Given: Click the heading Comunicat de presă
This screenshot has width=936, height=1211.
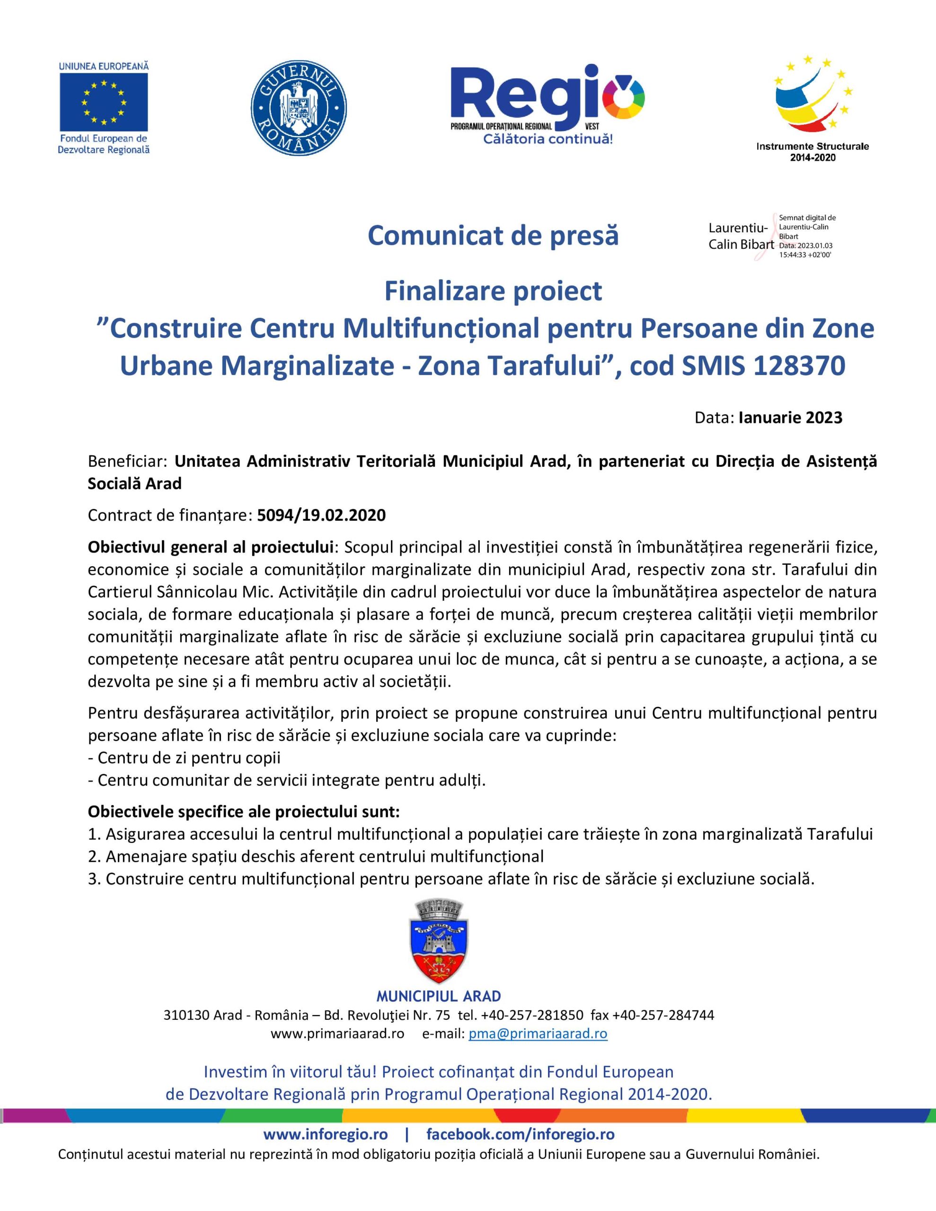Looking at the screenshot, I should pyautogui.click(x=493, y=236).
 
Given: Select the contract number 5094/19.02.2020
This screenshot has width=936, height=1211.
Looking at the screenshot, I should pyautogui.click(x=321, y=515).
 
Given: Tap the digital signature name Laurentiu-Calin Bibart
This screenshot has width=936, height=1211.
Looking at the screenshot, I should pyautogui.click(x=741, y=236).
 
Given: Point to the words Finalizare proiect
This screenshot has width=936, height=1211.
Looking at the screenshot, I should pyautogui.click(x=493, y=291).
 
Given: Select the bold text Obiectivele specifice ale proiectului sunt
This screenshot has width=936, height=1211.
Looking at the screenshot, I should pyautogui.click(x=244, y=812).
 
